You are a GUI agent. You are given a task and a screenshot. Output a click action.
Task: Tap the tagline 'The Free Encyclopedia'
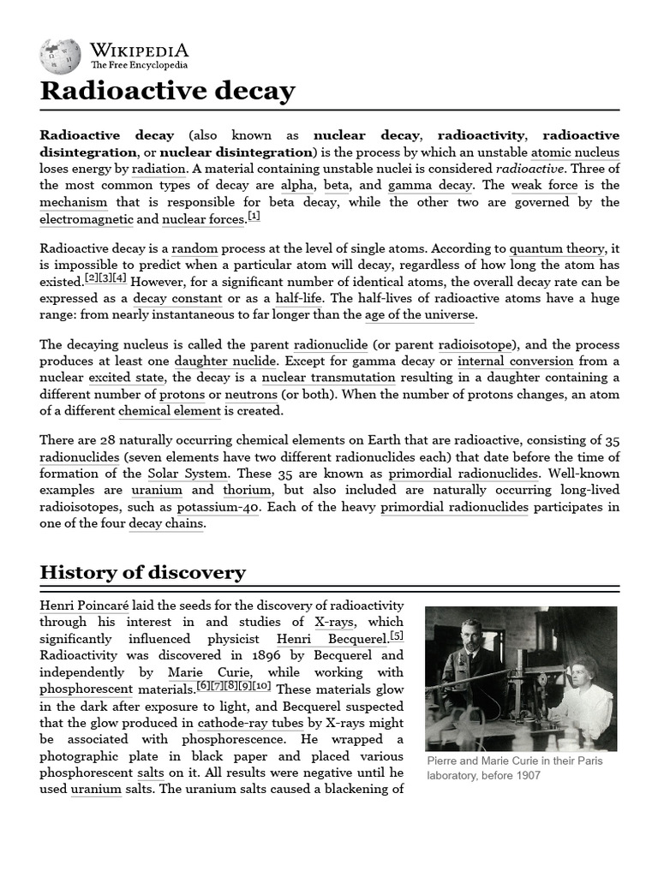tap(140, 65)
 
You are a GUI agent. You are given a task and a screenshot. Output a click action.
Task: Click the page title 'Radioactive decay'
tap(167, 91)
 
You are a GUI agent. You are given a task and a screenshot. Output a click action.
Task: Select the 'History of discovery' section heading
tap(142, 572)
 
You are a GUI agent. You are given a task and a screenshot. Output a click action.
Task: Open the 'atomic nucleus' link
tap(575, 152)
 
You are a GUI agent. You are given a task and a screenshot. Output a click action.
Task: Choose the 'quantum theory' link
tap(557, 248)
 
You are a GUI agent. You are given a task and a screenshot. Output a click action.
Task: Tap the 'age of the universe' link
tap(419, 314)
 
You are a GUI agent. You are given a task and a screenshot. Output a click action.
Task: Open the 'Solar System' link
tap(188, 473)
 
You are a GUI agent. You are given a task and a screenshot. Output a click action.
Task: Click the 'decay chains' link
tap(166, 523)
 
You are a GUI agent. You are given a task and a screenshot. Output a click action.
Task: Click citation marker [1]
tap(253, 216)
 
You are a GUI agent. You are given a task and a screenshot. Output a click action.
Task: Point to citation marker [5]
tap(397, 635)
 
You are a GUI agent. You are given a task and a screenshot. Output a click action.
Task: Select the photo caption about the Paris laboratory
tap(513, 768)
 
